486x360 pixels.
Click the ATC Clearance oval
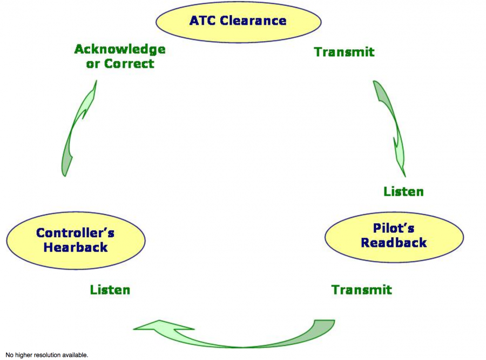click(x=238, y=21)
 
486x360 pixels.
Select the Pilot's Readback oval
click(x=394, y=236)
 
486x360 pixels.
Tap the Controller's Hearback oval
click(x=76, y=240)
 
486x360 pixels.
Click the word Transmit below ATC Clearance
click(x=344, y=52)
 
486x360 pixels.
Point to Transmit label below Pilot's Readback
click(x=361, y=290)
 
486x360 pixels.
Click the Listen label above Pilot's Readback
click(x=403, y=191)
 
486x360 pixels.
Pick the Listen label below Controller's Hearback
click(x=110, y=290)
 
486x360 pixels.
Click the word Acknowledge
click(x=119, y=49)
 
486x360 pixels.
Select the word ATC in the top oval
click(x=202, y=21)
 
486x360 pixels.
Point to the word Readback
click(x=394, y=243)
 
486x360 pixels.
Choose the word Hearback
click(x=76, y=248)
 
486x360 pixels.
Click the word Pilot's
click(x=394, y=228)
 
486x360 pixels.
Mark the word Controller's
click(x=76, y=233)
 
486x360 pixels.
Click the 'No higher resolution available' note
click(x=46, y=355)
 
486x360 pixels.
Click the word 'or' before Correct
click(x=93, y=64)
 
